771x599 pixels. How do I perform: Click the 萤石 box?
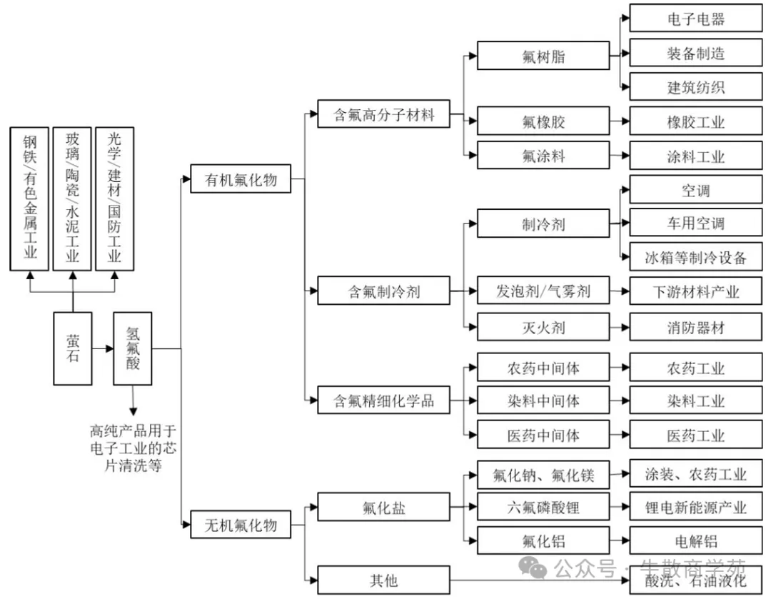click(73, 348)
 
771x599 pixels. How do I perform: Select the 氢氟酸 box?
click(133, 348)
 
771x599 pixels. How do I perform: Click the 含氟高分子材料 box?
click(384, 114)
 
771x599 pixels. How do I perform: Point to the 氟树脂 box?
click(543, 56)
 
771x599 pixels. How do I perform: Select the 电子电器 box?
click(695, 19)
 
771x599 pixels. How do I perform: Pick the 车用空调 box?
click(695, 223)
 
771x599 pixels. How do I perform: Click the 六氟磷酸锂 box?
click(543, 507)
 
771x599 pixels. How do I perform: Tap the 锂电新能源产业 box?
click(695, 507)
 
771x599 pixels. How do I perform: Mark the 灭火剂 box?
click(543, 327)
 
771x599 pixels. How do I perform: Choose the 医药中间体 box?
click(543, 435)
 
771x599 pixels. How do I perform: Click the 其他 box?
click(384, 580)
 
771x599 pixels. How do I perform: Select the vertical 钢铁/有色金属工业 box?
click(29, 198)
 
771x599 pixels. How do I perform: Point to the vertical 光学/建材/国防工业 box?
click(115, 198)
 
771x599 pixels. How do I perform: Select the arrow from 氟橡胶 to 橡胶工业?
click(620, 121)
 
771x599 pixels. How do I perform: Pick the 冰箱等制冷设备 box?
click(695, 257)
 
